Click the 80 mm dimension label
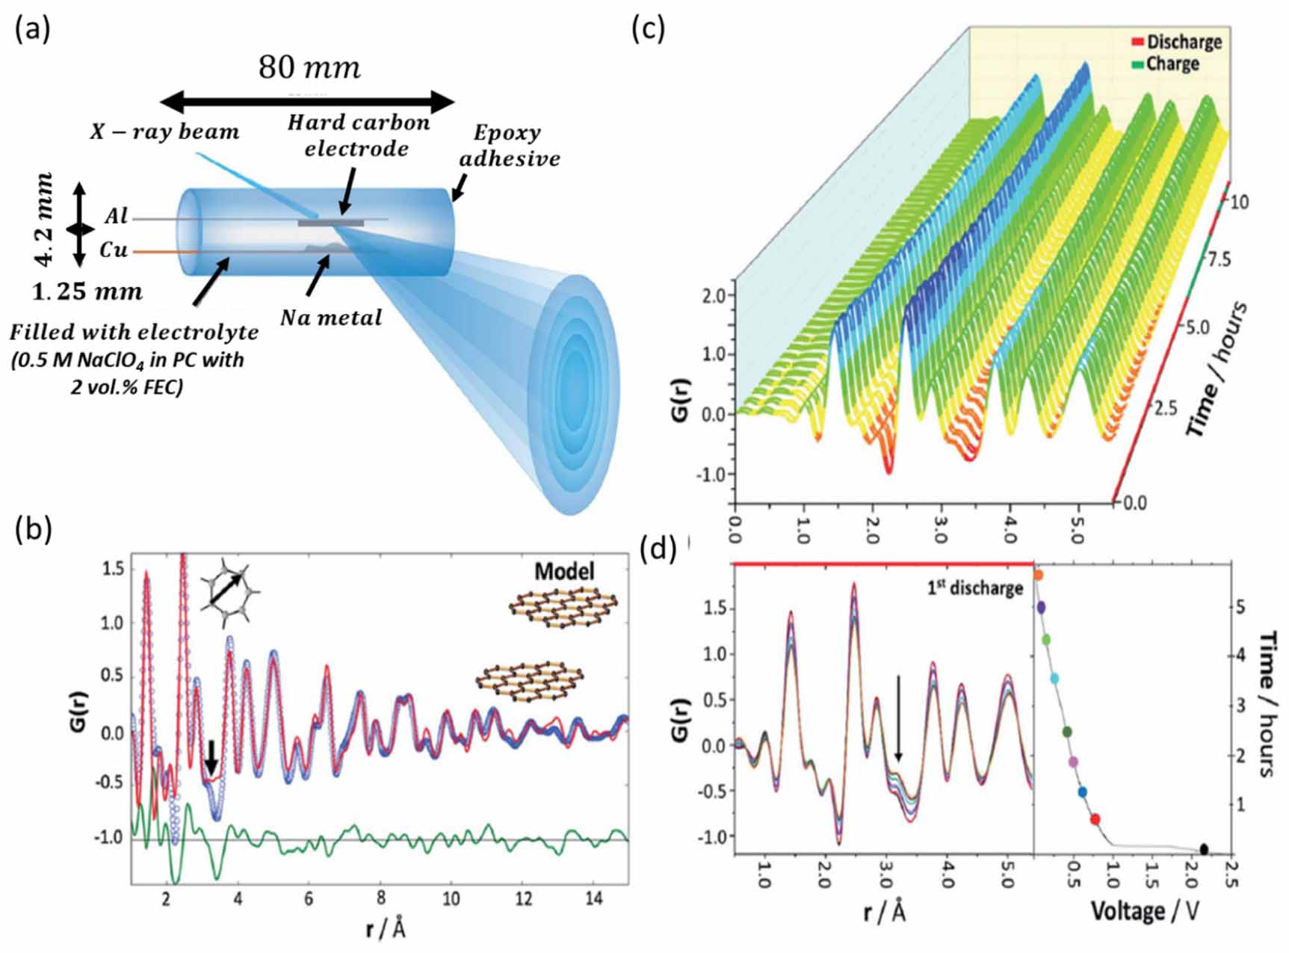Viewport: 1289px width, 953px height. coord(309,68)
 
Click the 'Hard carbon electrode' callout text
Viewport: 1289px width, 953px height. coord(358,135)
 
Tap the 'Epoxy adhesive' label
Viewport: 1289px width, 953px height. coord(510,146)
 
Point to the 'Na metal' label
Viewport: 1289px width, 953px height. coord(331,318)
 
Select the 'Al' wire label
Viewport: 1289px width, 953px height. coord(117,217)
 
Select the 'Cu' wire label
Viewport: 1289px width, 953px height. coord(114,250)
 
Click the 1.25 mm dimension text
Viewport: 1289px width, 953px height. coord(87,292)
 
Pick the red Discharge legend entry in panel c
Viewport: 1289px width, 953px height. coord(1177,42)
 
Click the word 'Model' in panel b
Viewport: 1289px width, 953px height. coord(564,572)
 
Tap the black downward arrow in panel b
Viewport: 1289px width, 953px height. coord(211,757)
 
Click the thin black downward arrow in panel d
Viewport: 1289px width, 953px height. coord(899,718)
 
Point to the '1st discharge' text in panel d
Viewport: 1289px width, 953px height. coord(974,588)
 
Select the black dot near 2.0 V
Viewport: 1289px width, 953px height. coord(1204,850)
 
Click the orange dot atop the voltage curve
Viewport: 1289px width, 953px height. coord(1038,575)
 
